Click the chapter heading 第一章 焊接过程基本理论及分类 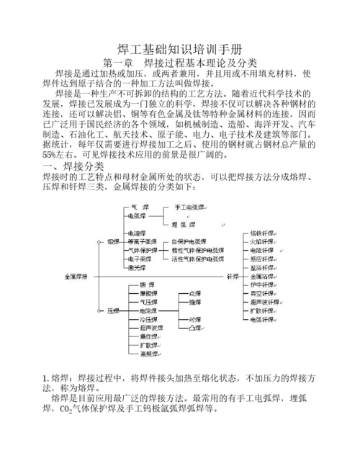coord(180,63)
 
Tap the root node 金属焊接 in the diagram coord(76,276)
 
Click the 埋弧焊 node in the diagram coord(180,224)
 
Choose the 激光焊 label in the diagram coord(136,267)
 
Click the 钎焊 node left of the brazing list coord(233,276)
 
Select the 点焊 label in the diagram coord(194,293)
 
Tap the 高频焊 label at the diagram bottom coord(148,354)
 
